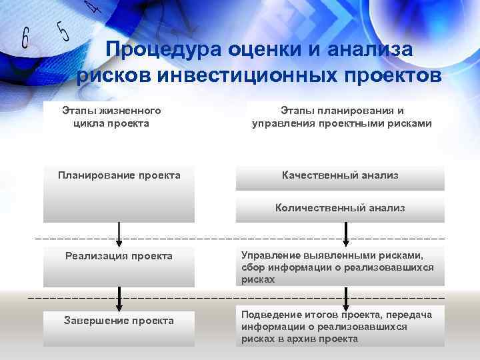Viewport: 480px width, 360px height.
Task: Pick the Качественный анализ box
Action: pyautogui.click(x=340, y=175)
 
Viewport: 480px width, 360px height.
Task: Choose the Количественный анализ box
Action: pyautogui.click(x=340, y=208)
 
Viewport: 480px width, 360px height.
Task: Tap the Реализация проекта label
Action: pyautogui.click(x=119, y=256)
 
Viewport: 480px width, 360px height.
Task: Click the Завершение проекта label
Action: pyautogui.click(x=119, y=321)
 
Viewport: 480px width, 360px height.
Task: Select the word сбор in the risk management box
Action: pyautogui.click(x=253, y=267)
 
